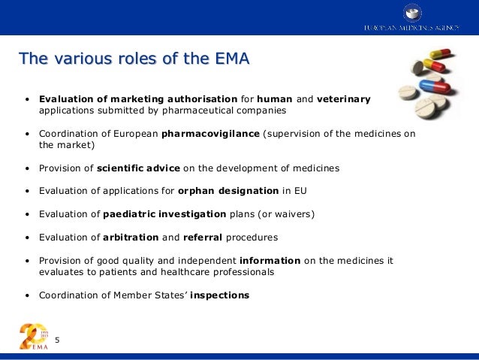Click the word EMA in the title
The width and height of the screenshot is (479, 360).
(230, 58)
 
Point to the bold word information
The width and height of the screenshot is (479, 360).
(270, 261)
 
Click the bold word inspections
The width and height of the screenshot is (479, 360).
(219, 295)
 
